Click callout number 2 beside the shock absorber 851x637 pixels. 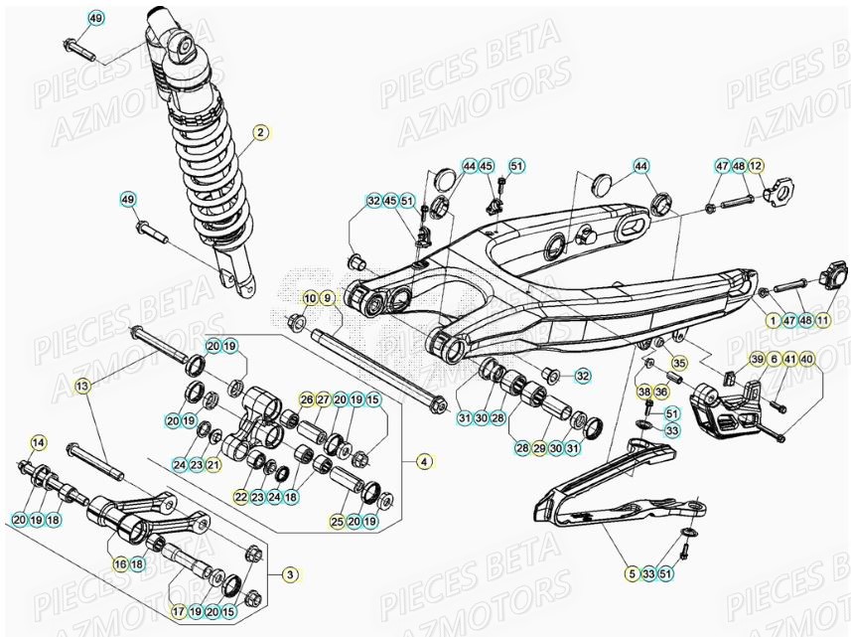260,132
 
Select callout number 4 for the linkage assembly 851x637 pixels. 424,460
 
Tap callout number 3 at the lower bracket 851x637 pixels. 290,574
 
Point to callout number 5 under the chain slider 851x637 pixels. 631,573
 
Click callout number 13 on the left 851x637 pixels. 82,385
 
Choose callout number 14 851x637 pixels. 38,442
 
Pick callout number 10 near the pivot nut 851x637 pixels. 309,299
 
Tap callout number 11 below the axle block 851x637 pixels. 822,320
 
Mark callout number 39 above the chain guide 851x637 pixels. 756,359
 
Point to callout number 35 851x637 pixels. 679,364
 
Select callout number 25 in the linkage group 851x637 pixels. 338,521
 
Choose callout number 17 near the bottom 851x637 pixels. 179,612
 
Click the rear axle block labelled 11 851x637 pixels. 832,272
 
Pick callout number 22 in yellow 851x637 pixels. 241,496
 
